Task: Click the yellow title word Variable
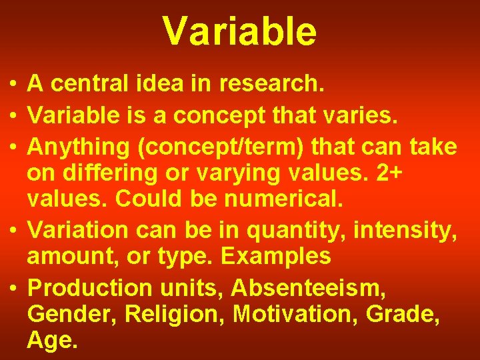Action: click(x=239, y=31)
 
